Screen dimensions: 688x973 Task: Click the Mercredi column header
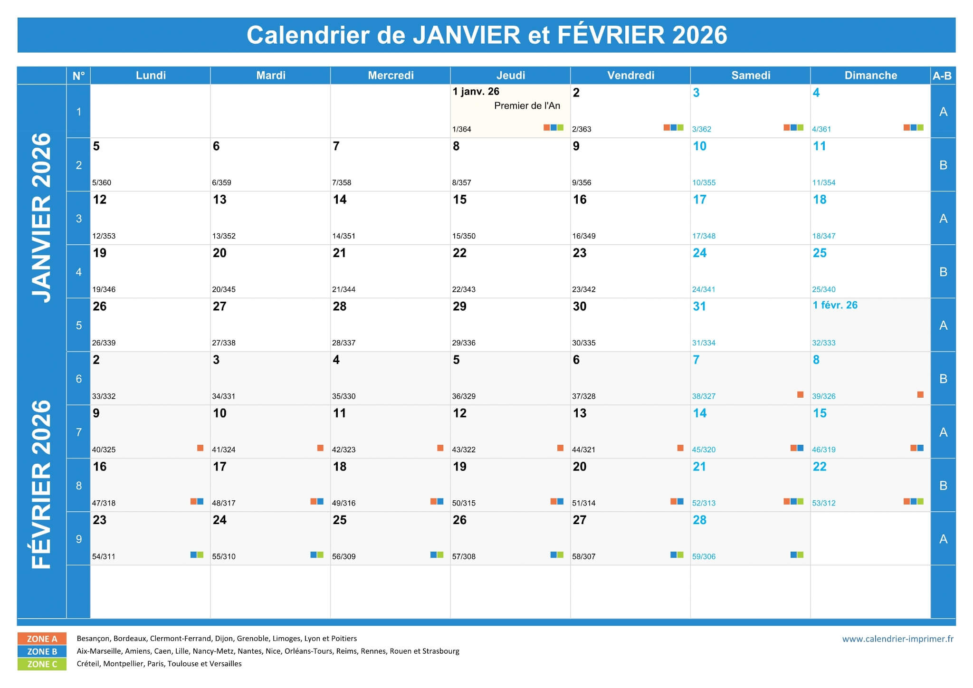[391, 76]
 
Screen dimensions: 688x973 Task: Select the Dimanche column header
[870, 76]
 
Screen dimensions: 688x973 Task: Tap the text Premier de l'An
[527, 106]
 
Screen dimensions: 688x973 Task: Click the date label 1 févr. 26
[835, 306]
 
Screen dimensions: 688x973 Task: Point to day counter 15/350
[464, 236]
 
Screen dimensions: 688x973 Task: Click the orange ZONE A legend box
[42, 639]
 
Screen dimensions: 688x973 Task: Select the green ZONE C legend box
[42, 664]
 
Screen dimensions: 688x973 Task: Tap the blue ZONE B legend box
[42, 651]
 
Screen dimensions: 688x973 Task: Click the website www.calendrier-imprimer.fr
[897, 639]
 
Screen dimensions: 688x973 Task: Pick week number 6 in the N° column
[79, 379]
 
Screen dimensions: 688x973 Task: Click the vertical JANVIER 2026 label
[41, 218]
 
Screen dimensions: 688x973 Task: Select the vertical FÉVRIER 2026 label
[41, 485]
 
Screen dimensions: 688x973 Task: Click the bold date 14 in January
[340, 200]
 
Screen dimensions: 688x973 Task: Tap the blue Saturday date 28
[699, 520]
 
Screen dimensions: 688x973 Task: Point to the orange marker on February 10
[320, 448]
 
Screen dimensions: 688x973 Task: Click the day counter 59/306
[704, 557]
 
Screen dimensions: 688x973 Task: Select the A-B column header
[942, 76]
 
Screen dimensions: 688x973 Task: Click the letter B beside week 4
[943, 272]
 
